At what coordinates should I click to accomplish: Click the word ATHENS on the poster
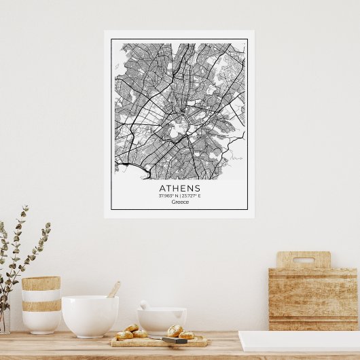pyautogui.click(x=180, y=187)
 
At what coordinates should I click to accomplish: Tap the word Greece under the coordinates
pyautogui.click(x=180, y=202)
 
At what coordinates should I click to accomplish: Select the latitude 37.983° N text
pyautogui.click(x=168, y=196)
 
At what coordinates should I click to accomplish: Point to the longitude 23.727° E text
pyautogui.click(x=192, y=196)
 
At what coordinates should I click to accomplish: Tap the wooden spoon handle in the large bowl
pyautogui.click(x=114, y=289)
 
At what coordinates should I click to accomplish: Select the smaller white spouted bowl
pyautogui.click(x=162, y=320)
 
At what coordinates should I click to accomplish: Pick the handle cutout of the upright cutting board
pyautogui.click(x=303, y=260)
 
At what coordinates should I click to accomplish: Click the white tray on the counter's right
pyautogui.click(x=299, y=341)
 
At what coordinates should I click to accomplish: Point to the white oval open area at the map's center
pyautogui.click(x=179, y=125)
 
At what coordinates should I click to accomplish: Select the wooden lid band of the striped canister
pyautogui.click(x=41, y=283)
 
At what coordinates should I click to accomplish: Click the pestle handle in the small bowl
pyautogui.click(x=144, y=305)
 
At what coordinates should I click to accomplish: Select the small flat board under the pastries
pyautogui.click(x=160, y=342)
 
